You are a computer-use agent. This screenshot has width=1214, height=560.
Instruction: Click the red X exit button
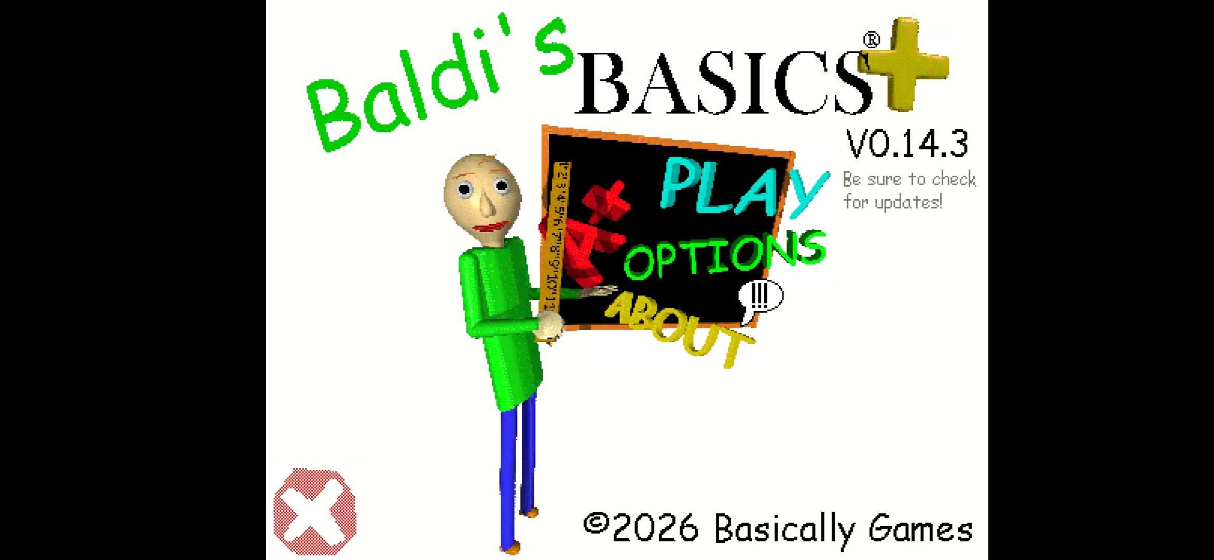click(x=315, y=511)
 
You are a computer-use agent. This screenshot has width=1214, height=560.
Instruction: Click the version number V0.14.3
click(x=907, y=144)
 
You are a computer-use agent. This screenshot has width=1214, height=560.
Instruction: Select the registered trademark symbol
click(x=872, y=40)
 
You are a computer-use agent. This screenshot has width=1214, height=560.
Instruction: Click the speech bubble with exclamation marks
click(x=761, y=297)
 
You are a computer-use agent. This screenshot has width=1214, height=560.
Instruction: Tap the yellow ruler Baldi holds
click(x=554, y=239)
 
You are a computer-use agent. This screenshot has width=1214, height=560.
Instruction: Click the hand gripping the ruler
click(x=549, y=327)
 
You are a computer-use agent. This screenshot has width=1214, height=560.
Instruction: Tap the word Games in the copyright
click(x=921, y=529)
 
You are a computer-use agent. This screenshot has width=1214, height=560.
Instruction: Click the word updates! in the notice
click(x=908, y=202)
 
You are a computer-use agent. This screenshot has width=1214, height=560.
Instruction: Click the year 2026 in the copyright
click(x=655, y=528)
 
